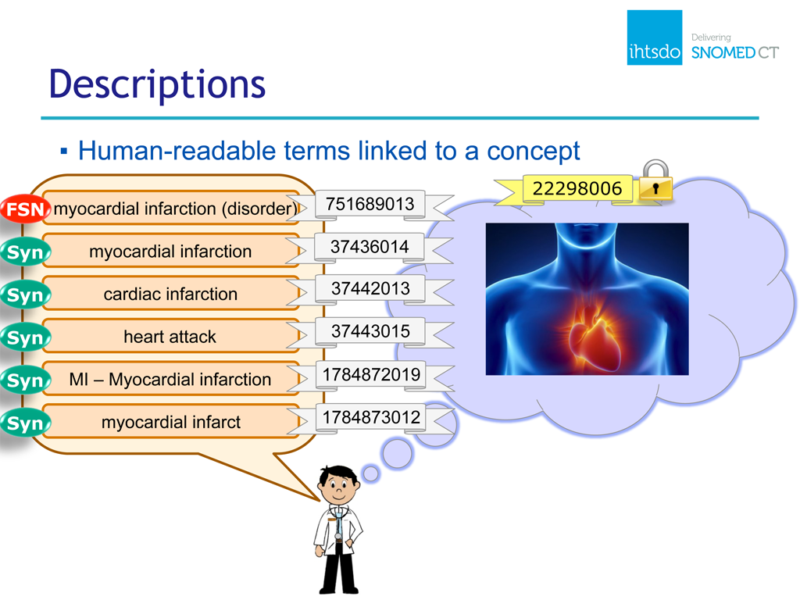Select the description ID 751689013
(x=370, y=204)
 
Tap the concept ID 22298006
(x=577, y=188)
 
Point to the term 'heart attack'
(x=170, y=337)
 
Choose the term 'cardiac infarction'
(x=170, y=295)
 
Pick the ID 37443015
(x=370, y=331)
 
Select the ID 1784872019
(x=371, y=374)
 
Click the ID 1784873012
(x=371, y=417)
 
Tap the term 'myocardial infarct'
(x=171, y=423)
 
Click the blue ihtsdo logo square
(x=655, y=37)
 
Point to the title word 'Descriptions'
(x=157, y=84)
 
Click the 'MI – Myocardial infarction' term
(x=170, y=380)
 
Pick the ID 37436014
(x=370, y=247)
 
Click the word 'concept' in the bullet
(x=533, y=152)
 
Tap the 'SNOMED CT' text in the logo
(x=734, y=52)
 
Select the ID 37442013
(x=370, y=289)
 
